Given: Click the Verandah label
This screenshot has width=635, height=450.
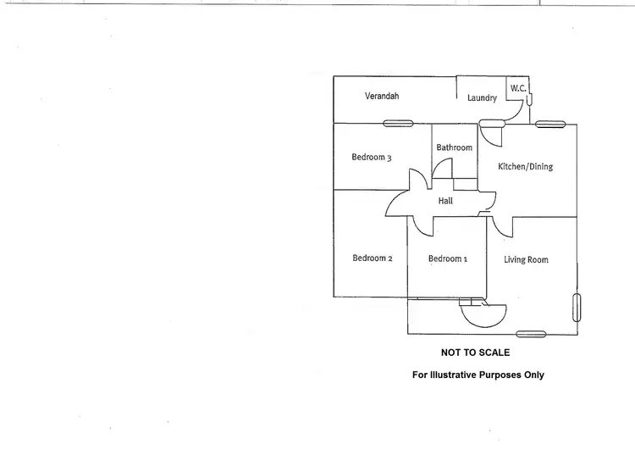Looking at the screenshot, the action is [x=382, y=96].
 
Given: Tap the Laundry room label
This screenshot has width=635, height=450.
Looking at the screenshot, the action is [x=482, y=97].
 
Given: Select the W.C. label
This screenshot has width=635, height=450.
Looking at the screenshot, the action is [x=518, y=88].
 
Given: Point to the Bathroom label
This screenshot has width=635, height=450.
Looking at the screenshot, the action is [x=454, y=147].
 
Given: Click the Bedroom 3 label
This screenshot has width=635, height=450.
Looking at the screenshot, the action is [x=372, y=158].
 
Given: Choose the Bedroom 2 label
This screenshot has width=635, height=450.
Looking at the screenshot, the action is [x=373, y=258].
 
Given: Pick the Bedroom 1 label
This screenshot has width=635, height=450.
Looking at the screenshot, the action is [x=448, y=258].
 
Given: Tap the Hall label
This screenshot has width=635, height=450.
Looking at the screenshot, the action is [x=445, y=201].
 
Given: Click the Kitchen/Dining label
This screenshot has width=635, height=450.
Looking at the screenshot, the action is [x=525, y=166].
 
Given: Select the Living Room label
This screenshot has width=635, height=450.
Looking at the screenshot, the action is [x=526, y=259].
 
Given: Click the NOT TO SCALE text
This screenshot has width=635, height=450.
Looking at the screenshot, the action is [x=476, y=353].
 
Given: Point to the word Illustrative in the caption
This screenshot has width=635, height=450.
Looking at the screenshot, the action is [x=453, y=375].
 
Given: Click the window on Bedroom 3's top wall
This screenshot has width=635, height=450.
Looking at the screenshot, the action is [x=398, y=123].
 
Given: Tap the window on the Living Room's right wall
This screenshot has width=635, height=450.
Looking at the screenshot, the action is [x=577, y=308].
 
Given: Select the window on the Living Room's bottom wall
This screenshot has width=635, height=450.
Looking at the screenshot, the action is [x=531, y=334].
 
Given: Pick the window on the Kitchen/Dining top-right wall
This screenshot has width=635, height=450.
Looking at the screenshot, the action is [x=550, y=124].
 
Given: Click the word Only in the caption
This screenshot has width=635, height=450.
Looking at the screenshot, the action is [x=534, y=375].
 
